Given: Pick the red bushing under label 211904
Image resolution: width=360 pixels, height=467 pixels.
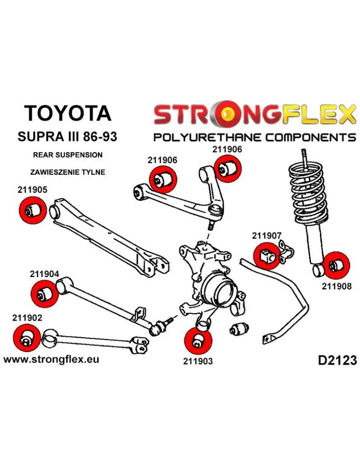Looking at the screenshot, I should click(x=43, y=293).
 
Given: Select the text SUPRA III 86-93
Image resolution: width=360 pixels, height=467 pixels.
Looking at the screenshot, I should click(x=67, y=137).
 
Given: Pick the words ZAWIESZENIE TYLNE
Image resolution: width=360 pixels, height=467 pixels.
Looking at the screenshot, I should click(x=67, y=172).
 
